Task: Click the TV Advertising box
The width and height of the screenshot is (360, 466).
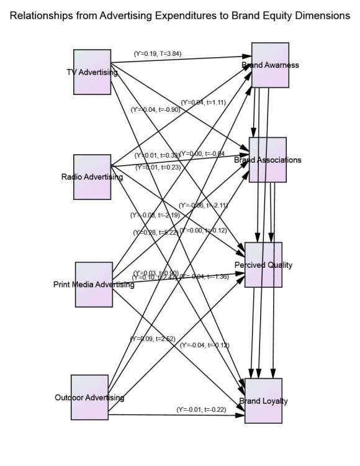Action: coord(92,72)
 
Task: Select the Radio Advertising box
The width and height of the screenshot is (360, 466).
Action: coord(92,176)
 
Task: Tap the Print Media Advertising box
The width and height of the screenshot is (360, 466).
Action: coord(94,285)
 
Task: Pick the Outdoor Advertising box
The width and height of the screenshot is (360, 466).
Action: coord(90,397)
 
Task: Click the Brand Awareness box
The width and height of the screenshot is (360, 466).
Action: coord(270,65)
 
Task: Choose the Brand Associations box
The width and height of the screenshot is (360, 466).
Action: coord(268,160)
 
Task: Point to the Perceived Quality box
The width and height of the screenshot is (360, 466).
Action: coord(264,265)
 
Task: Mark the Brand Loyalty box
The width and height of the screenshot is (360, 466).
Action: coord(264,401)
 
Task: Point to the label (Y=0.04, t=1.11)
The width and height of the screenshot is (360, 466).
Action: coord(202,102)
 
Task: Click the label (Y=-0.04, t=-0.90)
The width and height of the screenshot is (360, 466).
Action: coord(155,109)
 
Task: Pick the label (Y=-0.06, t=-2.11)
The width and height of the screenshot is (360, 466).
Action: coord(204,205)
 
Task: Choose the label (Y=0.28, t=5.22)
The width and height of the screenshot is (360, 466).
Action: coord(155,232)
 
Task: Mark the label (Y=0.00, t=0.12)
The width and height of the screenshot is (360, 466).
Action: coord(204,231)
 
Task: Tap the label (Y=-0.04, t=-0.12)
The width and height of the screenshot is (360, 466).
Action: coord(204,345)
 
